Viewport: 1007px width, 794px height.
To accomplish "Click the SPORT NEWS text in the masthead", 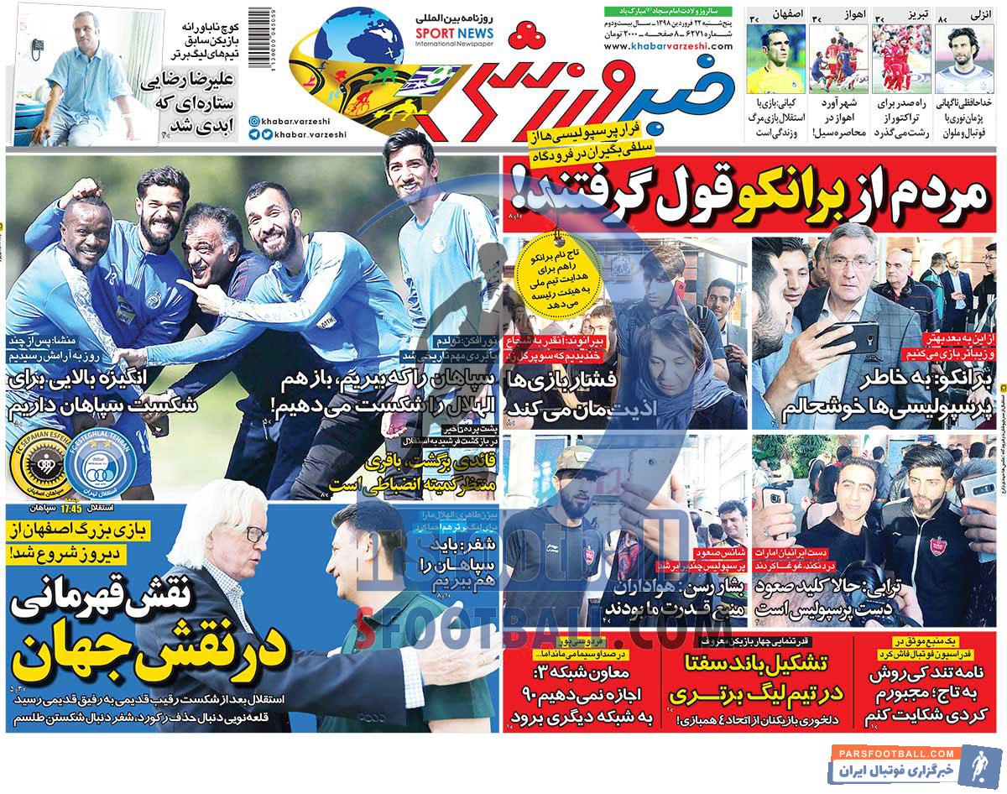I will [x=454, y=34].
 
